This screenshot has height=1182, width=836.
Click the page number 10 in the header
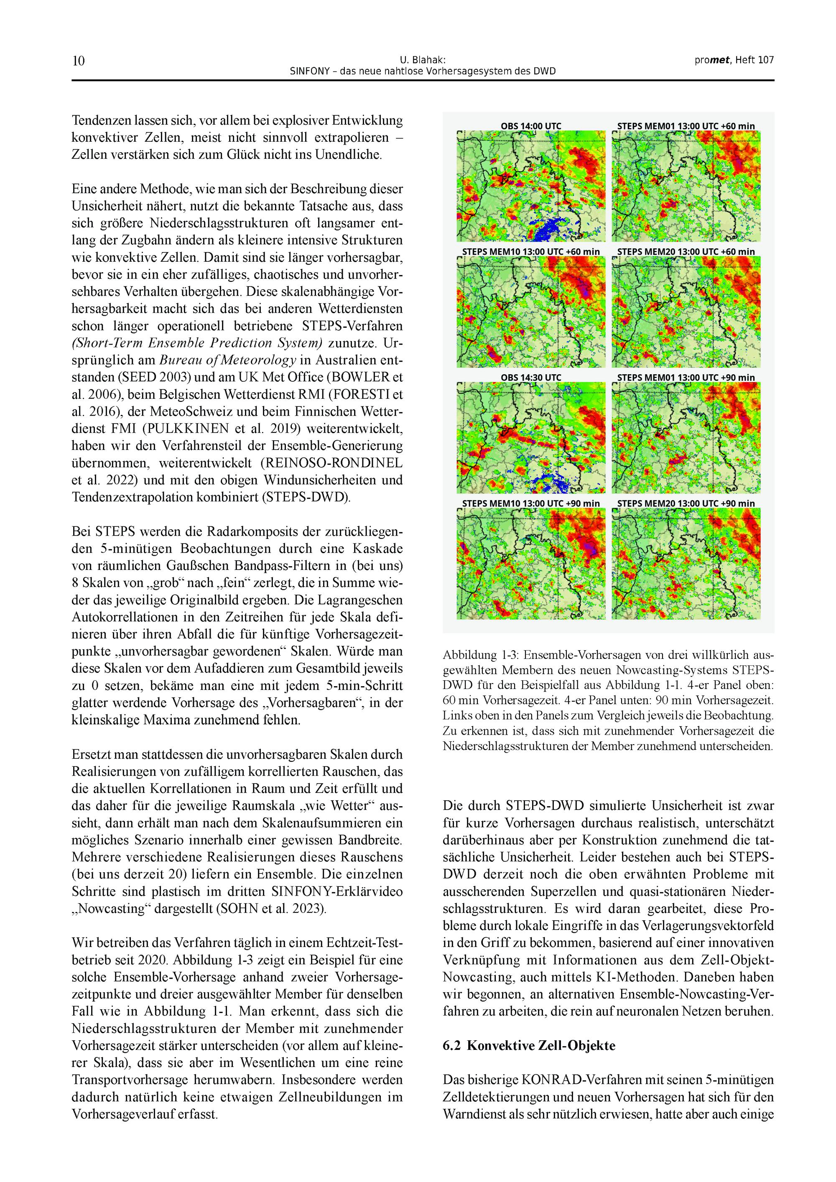[78, 61]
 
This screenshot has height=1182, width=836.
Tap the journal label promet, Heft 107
[734, 60]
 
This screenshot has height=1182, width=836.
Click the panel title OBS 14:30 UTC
[531, 378]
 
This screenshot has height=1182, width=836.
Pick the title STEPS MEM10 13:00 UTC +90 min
[531, 503]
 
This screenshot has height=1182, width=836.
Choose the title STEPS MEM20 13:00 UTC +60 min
[686, 252]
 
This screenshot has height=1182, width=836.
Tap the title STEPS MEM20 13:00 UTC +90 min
[686, 503]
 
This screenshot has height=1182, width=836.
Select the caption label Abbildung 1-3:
[477, 655]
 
